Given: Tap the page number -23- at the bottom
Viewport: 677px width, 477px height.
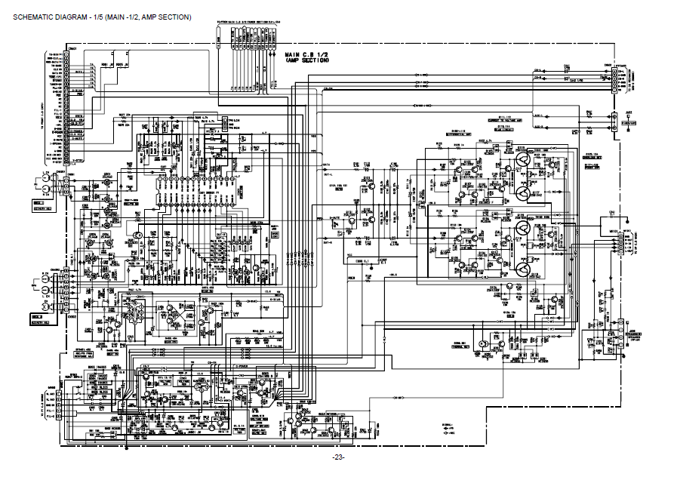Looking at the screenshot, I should tap(337, 458).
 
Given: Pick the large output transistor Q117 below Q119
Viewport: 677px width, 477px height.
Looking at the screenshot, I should tap(522, 194).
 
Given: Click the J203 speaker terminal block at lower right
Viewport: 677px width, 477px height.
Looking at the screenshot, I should tap(620, 340).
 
